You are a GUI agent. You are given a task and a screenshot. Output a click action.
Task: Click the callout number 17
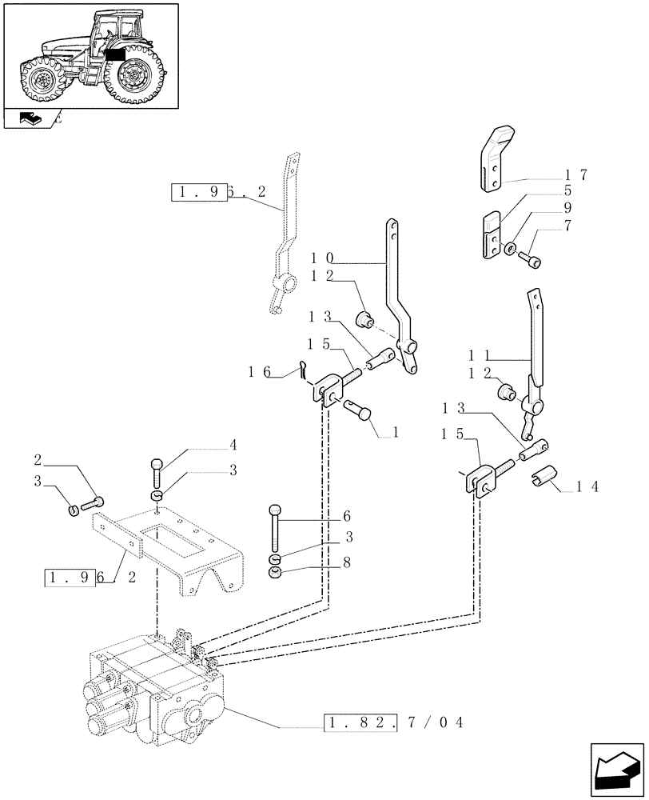(576, 175)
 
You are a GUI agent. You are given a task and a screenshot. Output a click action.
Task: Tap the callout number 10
(323, 259)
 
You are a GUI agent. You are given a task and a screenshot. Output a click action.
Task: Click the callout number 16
(259, 370)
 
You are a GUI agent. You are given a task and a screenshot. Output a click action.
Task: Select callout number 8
(346, 563)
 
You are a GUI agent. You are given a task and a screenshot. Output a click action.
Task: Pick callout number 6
(346, 517)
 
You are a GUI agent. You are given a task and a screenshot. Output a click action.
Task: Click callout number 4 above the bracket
(232, 446)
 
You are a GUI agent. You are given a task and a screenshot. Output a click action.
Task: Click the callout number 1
(396, 433)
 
